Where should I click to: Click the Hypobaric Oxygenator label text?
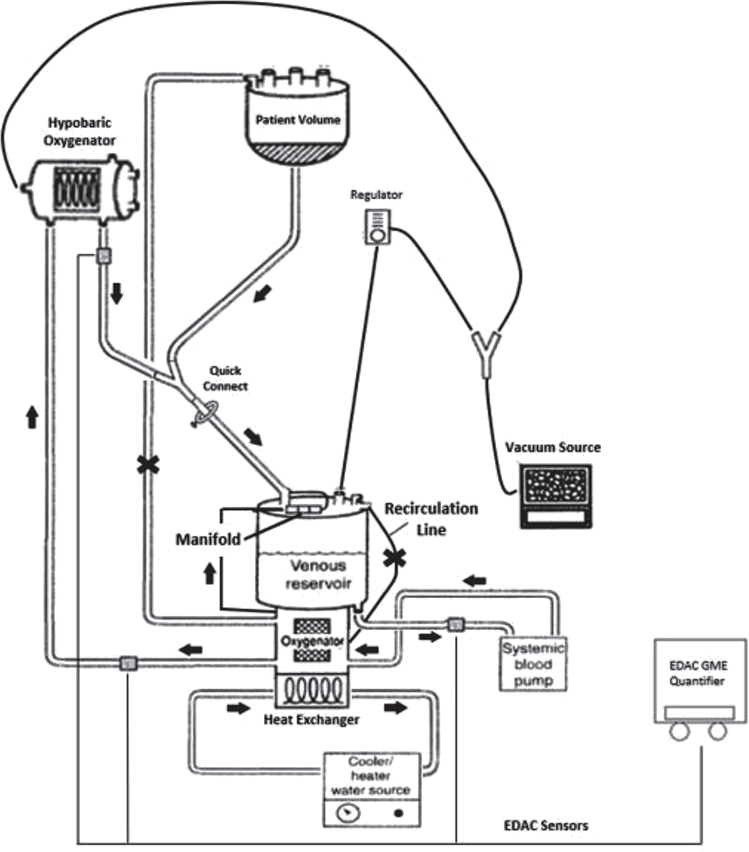point(79,132)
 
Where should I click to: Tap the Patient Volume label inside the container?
point(298,119)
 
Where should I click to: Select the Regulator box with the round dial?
point(378,227)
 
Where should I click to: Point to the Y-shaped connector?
point(486,350)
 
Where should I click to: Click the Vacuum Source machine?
point(556,497)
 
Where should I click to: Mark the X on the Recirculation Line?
point(394,557)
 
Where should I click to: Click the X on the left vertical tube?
point(148,464)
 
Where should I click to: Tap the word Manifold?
point(208,539)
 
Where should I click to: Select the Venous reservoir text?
point(318,575)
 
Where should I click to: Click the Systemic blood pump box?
point(533,665)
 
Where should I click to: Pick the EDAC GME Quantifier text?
point(698,673)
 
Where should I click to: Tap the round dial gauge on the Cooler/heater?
point(348,814)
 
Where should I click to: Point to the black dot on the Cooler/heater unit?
point(398,814)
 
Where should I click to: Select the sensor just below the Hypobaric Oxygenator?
point(103,256)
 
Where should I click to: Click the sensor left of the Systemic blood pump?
point(455,624)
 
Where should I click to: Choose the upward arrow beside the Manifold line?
point(210,572)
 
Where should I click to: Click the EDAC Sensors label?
point(546,826)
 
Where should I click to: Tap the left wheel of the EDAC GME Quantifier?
point(679,731)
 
